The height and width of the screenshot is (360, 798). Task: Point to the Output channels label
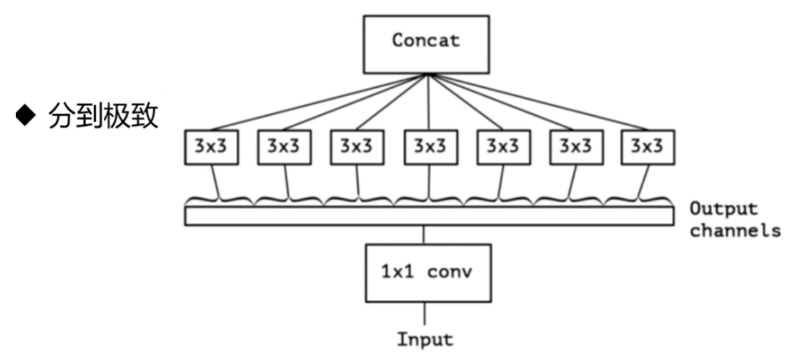coord(734,219)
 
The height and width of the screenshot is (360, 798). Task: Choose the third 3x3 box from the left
coord(358,146)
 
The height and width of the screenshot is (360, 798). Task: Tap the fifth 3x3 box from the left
coord(503,146)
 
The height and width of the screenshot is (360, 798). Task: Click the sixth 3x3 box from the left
coord(576,146)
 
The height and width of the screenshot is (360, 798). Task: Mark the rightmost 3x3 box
coord(648,146)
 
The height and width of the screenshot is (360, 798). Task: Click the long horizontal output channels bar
coord(429,217)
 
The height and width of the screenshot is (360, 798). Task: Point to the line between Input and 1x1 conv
coord(424,314)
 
